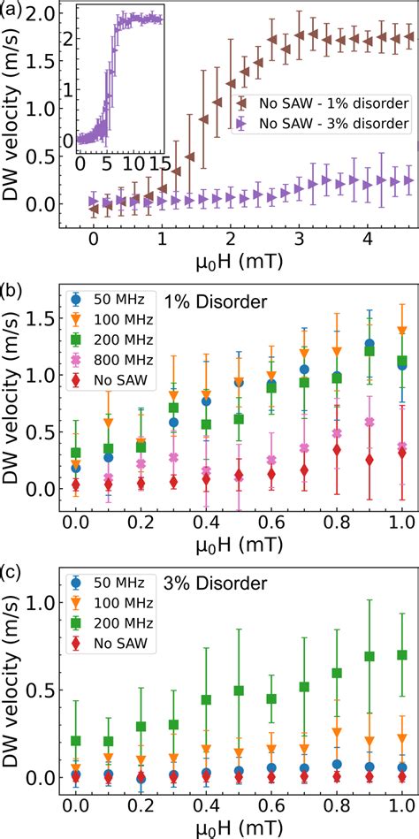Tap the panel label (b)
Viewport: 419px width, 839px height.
(12, 289)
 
